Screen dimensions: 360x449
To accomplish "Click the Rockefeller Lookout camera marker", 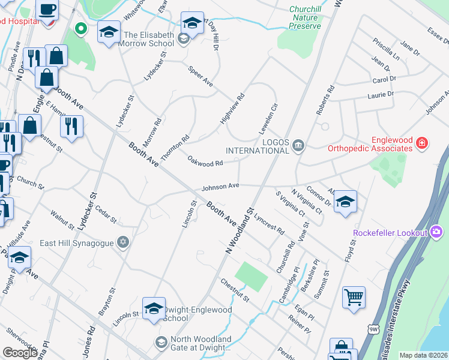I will tap(436, 232).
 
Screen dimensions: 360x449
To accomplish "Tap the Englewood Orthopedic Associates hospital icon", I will tap(422, 143).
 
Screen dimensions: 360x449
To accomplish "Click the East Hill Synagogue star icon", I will tap(123, 241).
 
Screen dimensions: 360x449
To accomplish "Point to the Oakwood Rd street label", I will tap(205, 161).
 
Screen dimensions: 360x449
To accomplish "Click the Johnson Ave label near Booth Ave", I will tap(220, 187).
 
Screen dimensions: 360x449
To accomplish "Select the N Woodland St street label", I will tap(238, 232).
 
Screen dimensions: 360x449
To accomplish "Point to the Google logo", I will tap(19, 353).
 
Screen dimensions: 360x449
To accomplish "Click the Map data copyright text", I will tap(423, 355).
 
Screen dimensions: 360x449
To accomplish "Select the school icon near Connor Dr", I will tap(345, 201).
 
